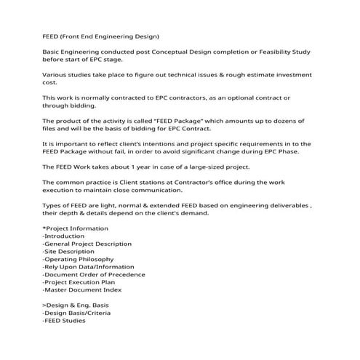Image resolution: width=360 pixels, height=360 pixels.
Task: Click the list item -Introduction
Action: (x=64, y=236)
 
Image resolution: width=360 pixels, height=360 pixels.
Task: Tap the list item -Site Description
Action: (x=68, y=252)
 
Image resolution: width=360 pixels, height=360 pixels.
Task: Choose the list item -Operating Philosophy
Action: (x=78, y=259)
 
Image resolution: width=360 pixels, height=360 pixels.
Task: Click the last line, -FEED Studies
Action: (x=64, y=320)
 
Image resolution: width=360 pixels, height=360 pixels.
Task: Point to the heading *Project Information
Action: (x=74, y=229)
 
